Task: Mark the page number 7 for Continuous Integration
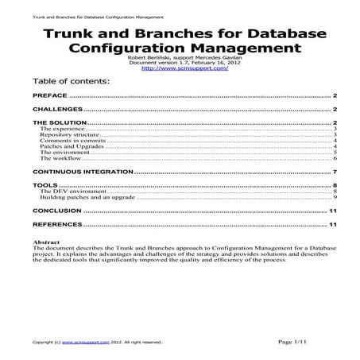pyautogui.click(x=337, y=172)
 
